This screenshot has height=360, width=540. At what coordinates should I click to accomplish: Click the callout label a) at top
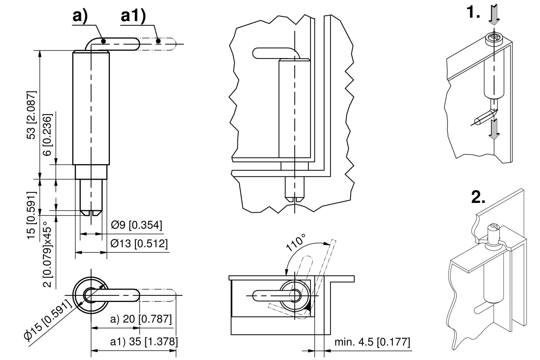80,16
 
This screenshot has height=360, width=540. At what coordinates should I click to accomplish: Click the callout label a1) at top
133,16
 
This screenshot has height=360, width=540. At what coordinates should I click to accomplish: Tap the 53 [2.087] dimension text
32,115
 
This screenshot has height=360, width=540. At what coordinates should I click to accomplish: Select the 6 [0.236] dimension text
48,135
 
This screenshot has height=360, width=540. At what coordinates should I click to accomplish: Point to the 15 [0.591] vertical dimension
32,215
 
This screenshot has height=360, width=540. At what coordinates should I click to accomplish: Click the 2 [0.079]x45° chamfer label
48,254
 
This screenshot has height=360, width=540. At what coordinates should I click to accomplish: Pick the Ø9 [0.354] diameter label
136,225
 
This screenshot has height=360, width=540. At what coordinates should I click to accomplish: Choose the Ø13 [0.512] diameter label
139,244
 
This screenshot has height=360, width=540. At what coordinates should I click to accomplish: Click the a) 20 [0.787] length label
141,319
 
